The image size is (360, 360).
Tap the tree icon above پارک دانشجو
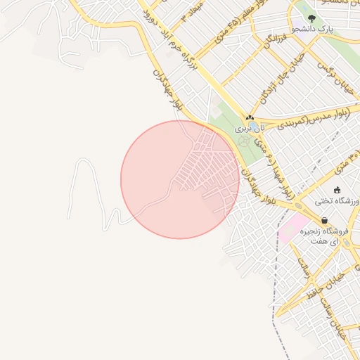(x=312, y=18)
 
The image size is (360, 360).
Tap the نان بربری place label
(x=252, y=129)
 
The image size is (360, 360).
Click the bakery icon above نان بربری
(x=250, y=117)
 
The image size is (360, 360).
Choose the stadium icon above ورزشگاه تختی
(x=337, y=190)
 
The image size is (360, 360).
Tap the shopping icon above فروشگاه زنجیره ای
(x=323, y=220)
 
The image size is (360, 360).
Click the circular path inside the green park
(x=244, y=141)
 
